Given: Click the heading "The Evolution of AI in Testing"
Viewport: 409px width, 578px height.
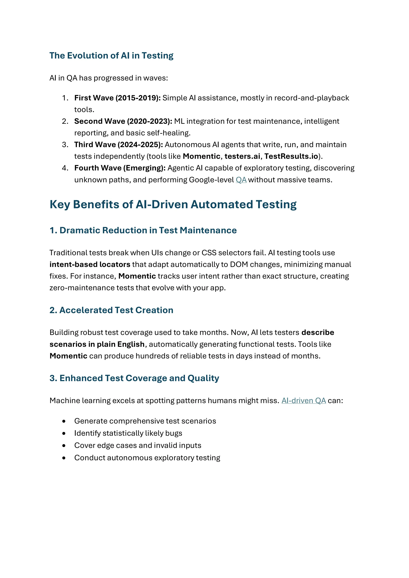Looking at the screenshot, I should [111, 56].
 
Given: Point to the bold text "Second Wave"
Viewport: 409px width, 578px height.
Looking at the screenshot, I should [99, 121].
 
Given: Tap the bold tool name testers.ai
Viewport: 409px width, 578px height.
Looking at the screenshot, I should [242, 156].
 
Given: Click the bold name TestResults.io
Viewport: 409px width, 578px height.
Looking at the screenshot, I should [291, 156].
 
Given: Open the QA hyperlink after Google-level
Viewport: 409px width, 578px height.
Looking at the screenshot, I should [241, 180].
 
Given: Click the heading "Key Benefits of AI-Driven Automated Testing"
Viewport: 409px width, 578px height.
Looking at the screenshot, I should [173, 204].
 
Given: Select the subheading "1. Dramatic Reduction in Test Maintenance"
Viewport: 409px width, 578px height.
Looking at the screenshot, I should [143, 230].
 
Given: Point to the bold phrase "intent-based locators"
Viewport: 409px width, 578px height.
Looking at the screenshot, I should [90, 264].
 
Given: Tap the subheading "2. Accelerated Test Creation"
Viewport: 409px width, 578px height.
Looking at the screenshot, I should [111, 310].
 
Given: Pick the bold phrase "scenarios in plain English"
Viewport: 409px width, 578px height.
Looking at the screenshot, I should [97, 344].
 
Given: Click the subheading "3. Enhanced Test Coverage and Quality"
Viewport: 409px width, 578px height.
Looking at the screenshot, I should [134, 378].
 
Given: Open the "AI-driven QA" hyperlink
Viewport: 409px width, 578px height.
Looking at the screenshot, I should [304, 401].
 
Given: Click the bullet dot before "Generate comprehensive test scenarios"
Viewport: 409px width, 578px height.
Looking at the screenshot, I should [64, 421].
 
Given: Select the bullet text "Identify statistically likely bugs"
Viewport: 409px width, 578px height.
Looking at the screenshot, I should [128, 433].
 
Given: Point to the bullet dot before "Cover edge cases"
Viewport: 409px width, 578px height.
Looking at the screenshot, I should [64, 446].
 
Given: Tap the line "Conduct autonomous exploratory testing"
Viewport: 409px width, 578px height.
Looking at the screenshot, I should [147, 458].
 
